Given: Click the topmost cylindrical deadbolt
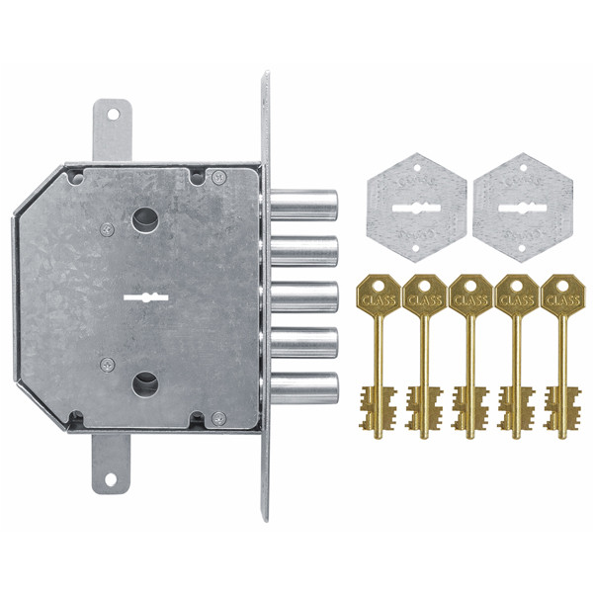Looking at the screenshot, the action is click(x=303, y=205).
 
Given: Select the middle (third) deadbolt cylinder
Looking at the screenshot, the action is click(x=303, y=296).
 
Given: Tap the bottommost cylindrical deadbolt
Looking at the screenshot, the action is click(x=303, y=388).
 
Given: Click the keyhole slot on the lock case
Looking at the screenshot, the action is click(x=146, y=297).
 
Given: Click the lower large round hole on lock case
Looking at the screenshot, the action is click(x=144, y=383).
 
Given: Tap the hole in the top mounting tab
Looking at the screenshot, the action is click(x=113, y=114).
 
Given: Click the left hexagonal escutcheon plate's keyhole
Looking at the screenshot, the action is click(x=416, y=208).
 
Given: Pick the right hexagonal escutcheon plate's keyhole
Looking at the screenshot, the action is click(x=522, y=208).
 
